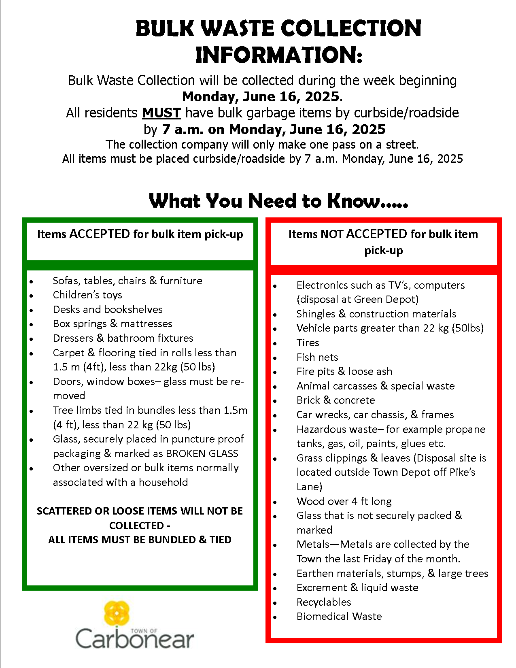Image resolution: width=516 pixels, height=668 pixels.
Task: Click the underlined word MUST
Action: point(161,113)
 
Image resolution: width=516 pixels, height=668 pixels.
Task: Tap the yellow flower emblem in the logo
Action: point(117,613)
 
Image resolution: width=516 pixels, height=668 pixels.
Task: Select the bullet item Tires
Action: point(308,343)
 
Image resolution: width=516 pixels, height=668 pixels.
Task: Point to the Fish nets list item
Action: point(317,357)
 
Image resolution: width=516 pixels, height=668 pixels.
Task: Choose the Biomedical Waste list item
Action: point(339,616)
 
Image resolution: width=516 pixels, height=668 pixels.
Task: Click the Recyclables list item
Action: point(324,602)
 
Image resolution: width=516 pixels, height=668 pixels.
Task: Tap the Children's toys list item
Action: point(87,295)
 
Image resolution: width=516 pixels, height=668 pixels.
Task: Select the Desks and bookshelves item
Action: point(108,309)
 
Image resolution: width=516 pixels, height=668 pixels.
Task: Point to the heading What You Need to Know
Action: point(278,200)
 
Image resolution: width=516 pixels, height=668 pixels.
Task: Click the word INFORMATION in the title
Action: point(278,55)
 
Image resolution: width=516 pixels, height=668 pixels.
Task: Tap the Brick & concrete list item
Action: point(336,400)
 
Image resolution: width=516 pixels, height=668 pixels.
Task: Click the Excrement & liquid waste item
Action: point(357,587)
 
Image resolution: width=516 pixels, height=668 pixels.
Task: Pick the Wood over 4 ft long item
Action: point(344,501)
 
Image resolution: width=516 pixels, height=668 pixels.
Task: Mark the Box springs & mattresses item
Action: point(113,323)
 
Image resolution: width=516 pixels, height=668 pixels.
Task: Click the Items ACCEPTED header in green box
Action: point(140,234)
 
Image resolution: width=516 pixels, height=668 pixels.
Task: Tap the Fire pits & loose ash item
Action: point(344,371)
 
